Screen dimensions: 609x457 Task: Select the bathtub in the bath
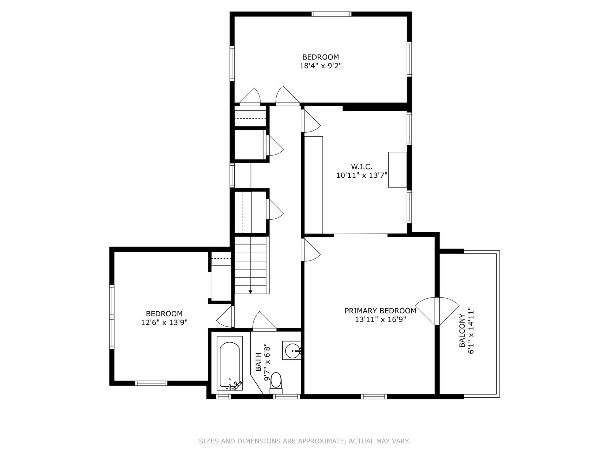click(x=230, y=363)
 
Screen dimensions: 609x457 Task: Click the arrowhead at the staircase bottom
click(x=250, y=292)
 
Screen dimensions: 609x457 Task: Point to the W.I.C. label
click(x=362, y=166)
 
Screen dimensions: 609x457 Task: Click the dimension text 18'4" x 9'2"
click(x=321, y=66)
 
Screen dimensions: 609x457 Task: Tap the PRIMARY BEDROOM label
click(x=380, y=311)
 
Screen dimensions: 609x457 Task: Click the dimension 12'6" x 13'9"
click(x=164, y=322)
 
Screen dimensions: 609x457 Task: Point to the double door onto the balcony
click(x=437, y=311)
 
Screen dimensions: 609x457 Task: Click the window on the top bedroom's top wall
click(x=331, y=14)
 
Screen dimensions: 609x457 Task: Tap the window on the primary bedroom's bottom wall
click(x=374, y=396)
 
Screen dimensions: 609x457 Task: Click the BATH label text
click(x=259, y=362)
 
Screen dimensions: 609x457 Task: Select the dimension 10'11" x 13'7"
click(x=362, y=175)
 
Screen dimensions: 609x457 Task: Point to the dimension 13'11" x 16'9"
click(x=380, y=319)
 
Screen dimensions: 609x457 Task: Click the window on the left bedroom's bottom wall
click(x=151, y=383)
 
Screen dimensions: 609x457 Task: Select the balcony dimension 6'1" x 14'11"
click(x=471, y=330)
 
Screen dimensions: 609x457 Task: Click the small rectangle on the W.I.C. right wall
click(x=397, y=169)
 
